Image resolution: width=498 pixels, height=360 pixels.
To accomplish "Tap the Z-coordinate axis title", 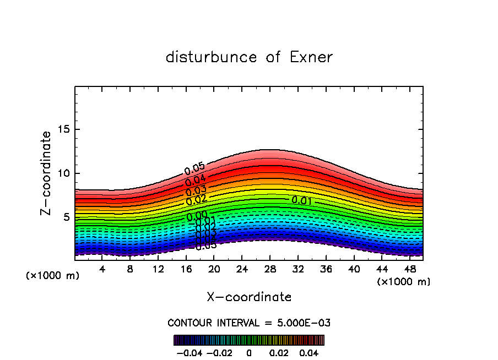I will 47,173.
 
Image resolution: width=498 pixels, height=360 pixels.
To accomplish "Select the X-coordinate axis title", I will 249,297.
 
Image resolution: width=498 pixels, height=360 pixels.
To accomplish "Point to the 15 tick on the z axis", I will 63,130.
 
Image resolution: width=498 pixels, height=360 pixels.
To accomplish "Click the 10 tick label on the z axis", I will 63,174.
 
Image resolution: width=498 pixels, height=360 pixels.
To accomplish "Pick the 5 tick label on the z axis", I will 66,217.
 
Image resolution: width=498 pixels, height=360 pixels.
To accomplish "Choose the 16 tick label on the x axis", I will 186,269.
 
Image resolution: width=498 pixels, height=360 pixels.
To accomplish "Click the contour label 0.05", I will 194,169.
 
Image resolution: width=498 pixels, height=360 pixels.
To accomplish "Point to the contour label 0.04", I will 195,180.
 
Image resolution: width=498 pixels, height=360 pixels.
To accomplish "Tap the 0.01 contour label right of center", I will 302,200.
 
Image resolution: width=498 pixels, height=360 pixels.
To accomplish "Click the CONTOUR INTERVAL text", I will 249,323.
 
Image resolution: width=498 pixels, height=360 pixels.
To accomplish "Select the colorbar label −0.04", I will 188,352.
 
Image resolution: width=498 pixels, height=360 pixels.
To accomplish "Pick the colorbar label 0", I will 249,352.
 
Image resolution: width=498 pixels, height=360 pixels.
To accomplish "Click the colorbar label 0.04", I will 309,352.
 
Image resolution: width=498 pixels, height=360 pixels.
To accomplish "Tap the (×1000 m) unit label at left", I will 53,276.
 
